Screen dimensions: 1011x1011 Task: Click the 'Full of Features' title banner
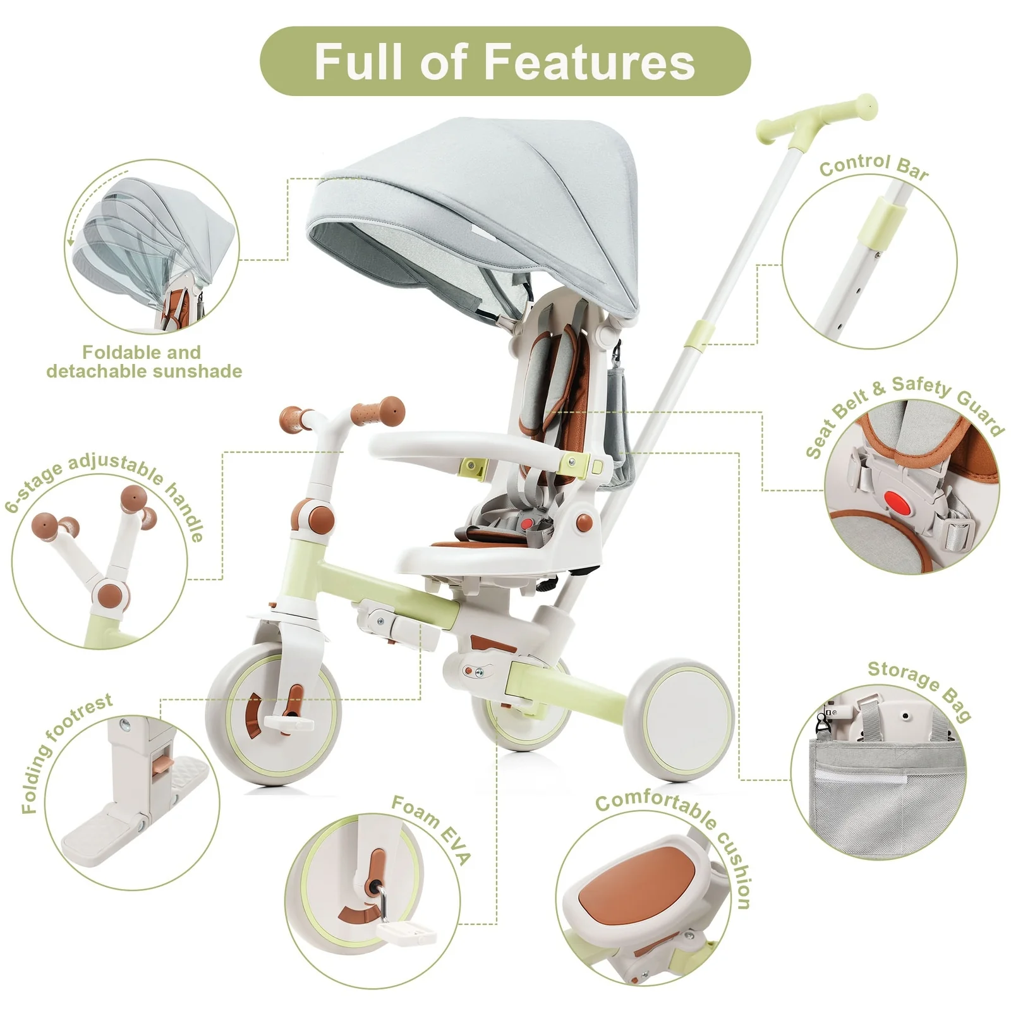coord(505,61)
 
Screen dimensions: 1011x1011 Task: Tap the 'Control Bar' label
coord(874,166)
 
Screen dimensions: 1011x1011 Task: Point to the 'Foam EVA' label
coord(432,828)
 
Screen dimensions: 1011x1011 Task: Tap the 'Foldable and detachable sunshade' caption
coord(144,361)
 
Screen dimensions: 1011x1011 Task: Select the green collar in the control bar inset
coord(883,224)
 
